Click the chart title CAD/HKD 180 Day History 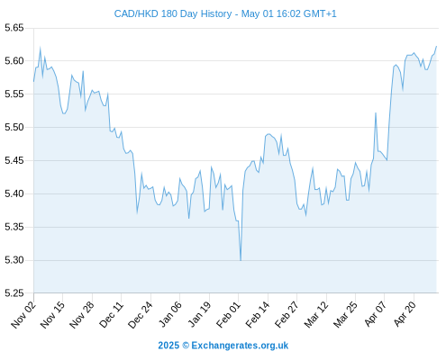pos(173,14)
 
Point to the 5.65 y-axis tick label pos(14,28)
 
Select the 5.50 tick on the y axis pos(14,127)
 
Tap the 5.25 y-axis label pos(14,293)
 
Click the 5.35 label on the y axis pos(14,227)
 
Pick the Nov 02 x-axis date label pos(23,315)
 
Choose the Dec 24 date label pos(141,315)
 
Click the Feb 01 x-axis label pos(229,315)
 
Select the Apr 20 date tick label pos(405,314)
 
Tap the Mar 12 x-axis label pos(316,315)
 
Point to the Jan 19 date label pos(199,315)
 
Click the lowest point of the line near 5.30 pos(241,260)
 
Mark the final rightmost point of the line pos(436,46)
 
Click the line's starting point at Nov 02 pos(33,81)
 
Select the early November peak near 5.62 pos(41,48)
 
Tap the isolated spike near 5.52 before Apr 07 pos(376,112)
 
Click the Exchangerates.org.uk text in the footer pos(240,346)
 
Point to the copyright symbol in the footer pos(186,346)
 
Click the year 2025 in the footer pos(168,346)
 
